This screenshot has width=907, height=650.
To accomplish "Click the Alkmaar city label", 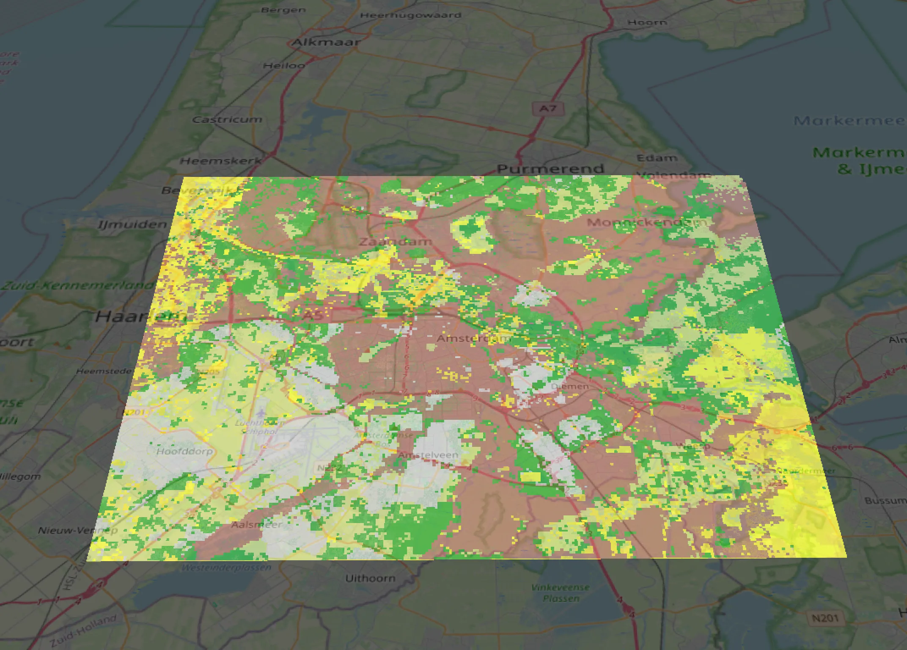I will [326, 42].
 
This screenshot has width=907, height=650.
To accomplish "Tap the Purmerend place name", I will [550, 169].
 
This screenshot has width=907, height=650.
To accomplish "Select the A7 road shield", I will [548, 109].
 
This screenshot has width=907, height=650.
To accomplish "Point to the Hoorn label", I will [647, 22].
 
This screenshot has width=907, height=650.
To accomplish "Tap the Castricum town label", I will [227, 120].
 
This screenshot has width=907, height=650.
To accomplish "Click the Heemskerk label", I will [221, 161].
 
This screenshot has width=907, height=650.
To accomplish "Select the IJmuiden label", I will [132, 224].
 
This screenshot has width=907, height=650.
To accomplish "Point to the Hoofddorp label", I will [184, 451].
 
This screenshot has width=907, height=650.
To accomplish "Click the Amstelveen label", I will [428, 455].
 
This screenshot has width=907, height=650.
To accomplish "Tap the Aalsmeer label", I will [256, 525].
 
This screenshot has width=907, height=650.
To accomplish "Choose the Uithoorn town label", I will [370, 578].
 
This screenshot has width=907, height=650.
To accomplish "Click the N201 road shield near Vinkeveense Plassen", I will [825, 618].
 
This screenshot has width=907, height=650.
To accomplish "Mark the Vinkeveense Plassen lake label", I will [561, 593].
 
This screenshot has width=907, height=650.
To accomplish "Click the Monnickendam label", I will [647, 222].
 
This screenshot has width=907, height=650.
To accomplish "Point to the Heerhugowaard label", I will [410, 15].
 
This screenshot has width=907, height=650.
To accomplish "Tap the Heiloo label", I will [284, 66].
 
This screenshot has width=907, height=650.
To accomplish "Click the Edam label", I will [657, 158].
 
